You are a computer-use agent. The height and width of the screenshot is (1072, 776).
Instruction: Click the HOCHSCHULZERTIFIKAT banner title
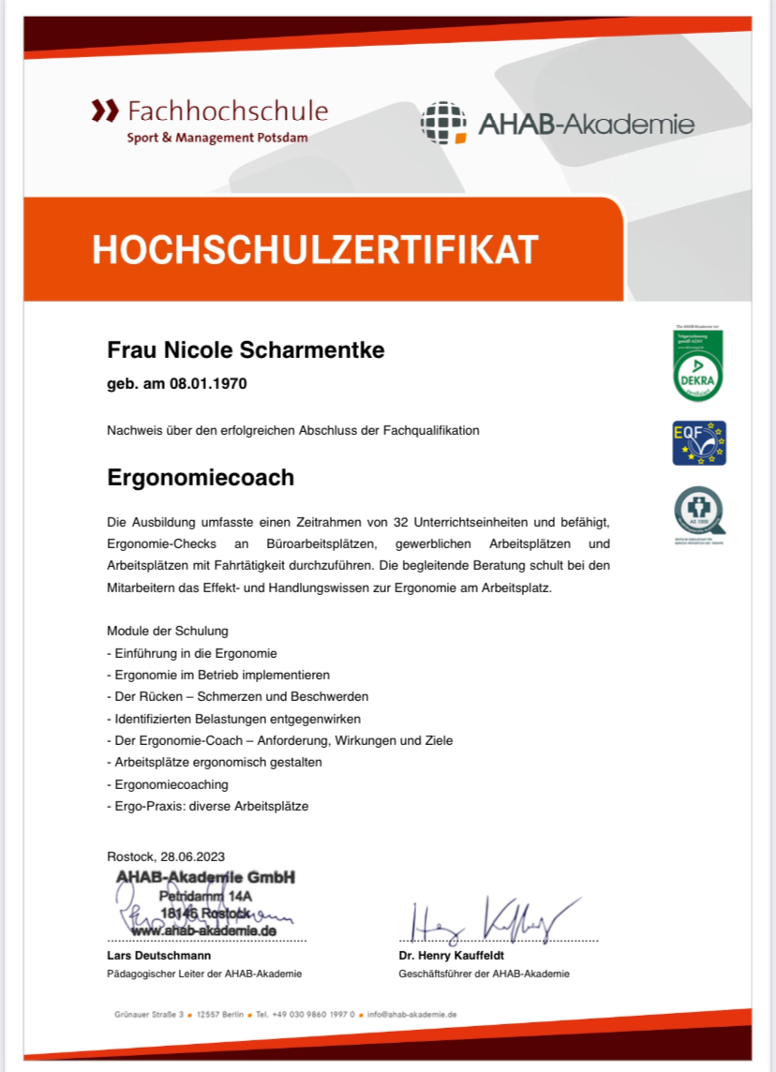point(315,249)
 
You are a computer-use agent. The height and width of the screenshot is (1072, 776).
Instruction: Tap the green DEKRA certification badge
point(698,366)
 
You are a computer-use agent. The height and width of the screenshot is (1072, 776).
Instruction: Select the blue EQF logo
point(699,443)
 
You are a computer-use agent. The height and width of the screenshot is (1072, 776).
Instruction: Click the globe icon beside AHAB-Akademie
point(443,123)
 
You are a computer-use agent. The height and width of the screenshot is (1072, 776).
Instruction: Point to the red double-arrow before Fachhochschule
point(105,112)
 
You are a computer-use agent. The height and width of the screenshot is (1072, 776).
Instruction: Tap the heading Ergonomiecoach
point(201,477)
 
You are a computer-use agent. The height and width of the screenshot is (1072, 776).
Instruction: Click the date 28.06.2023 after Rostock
point(192,856)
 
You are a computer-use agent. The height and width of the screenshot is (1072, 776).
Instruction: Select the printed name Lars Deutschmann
point(158,955)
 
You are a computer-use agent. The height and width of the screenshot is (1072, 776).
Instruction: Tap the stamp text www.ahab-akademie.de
point(203,931)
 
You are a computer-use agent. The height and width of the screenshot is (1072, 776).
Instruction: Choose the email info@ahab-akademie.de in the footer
point(411,1014)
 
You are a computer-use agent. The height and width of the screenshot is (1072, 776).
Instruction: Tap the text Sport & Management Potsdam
point(217,138)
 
